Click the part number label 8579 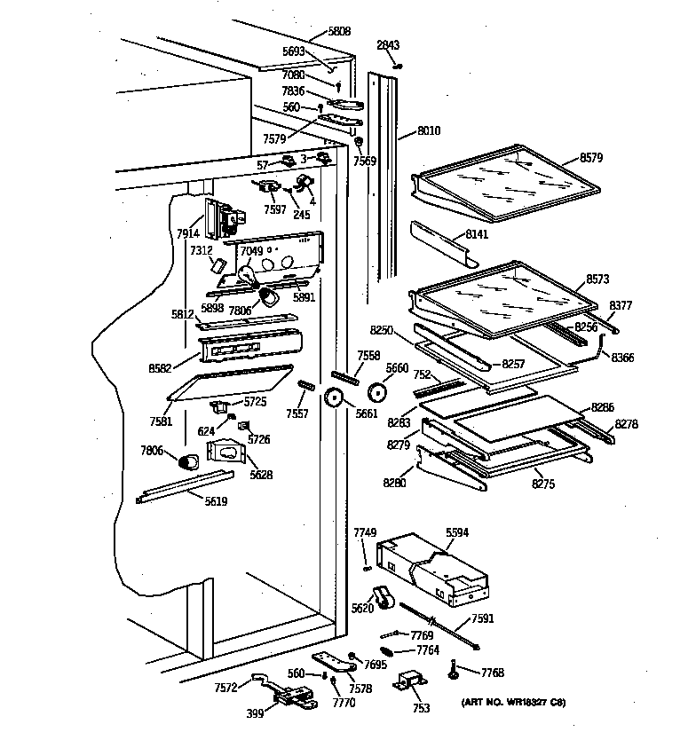click(591, 157)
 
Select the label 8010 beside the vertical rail click(428, 131)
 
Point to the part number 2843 click(388, 45)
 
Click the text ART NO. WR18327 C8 click(513, 703)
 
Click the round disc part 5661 click(336, 398)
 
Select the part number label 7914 click(187, 234)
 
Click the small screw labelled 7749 click(366, 569)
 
